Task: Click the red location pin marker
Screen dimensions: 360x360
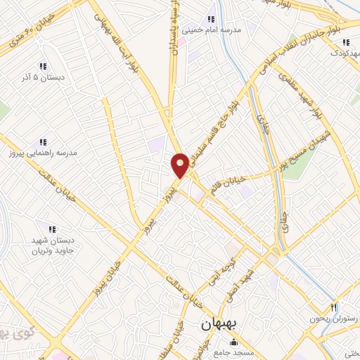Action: click(x=180, y=165)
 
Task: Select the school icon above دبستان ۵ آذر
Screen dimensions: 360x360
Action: click(x=44, y=67)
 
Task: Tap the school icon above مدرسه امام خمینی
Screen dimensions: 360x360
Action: click(x=211, y=20)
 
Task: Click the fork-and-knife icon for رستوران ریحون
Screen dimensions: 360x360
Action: click(x=334, y=308)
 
